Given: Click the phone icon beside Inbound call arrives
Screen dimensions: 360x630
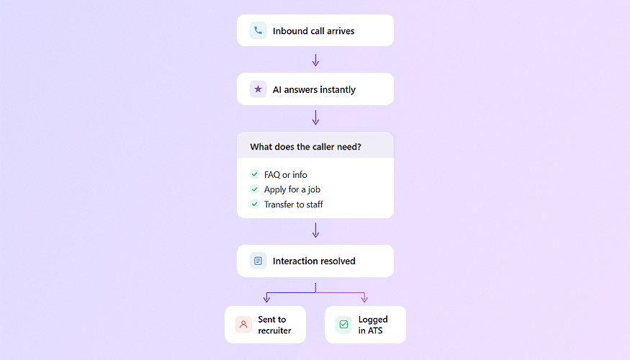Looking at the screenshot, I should click(258, 31).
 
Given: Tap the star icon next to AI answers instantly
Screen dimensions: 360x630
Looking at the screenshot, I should click(258, 89).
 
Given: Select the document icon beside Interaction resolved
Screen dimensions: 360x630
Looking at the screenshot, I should click(258, 261).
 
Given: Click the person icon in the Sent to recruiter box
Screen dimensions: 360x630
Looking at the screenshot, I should click(243, 325).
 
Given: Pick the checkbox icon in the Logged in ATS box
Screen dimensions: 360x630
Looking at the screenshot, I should click(343, 325).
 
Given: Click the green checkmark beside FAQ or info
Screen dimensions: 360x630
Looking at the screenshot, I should click(254, 174).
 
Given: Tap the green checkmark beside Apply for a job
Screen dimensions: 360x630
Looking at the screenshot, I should click(254, 189).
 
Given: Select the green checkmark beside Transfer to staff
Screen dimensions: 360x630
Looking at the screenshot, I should click(254, 204).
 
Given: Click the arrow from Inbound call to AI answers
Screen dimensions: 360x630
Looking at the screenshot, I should click(315, 60).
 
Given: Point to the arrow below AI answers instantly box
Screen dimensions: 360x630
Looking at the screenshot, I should click(315, 117).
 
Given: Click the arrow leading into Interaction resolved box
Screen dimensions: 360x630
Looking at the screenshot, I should click(315, 230).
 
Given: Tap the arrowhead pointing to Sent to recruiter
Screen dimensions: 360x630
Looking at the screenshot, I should click(266, 299).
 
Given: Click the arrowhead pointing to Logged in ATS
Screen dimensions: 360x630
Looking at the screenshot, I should click(364, 299).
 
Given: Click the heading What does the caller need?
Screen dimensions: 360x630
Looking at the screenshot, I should click(305, 147).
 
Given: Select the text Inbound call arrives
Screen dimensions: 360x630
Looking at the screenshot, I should click(313, 31).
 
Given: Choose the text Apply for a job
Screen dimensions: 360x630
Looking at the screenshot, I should click(292, 189).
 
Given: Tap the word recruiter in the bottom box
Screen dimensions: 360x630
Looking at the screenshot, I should click(274, 330).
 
